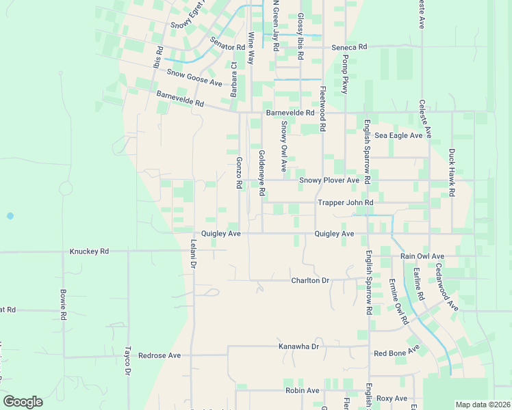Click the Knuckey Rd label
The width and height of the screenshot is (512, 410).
tap(89, 251)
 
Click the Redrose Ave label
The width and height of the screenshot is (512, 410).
tap(159, 355)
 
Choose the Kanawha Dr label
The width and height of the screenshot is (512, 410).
tap(298, 347)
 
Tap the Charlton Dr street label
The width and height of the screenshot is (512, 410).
tap(310, 281)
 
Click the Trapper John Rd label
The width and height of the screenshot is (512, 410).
tap(345, 203)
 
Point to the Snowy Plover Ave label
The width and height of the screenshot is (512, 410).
tap(329, 180)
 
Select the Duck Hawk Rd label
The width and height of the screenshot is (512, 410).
tap(452, 173)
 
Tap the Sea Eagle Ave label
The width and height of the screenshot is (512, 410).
tap(398, 135)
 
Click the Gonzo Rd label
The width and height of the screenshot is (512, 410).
tap(239, 173)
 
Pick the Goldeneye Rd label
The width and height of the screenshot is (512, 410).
tap(261, 173)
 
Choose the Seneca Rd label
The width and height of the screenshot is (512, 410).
tap(349, 47)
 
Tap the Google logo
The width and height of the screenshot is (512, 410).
tap(23, 402)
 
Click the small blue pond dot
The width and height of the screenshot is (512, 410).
tap(10, 216)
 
